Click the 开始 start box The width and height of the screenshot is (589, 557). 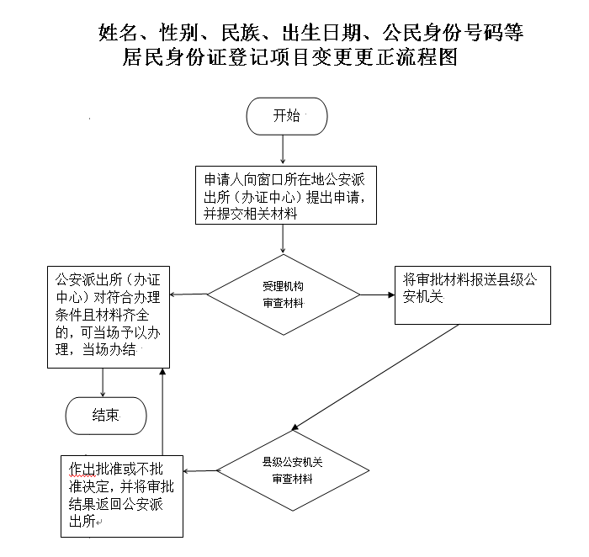pos(286,117)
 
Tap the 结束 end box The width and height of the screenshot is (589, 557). pos(105,414)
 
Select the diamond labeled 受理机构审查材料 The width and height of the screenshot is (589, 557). pos(283,294)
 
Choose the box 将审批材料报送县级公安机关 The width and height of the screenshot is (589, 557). pos(472,295)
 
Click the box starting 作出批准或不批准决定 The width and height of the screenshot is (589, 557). pos(122,496)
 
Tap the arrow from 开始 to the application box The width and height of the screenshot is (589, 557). pos(284,149)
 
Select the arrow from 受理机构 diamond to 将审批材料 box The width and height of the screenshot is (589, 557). pos(377,294)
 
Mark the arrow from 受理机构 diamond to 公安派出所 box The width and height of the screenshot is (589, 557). pos(188,294)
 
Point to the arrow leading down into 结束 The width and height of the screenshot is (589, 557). pos(103,382)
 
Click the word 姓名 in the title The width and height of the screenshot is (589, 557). pos(117,34)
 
